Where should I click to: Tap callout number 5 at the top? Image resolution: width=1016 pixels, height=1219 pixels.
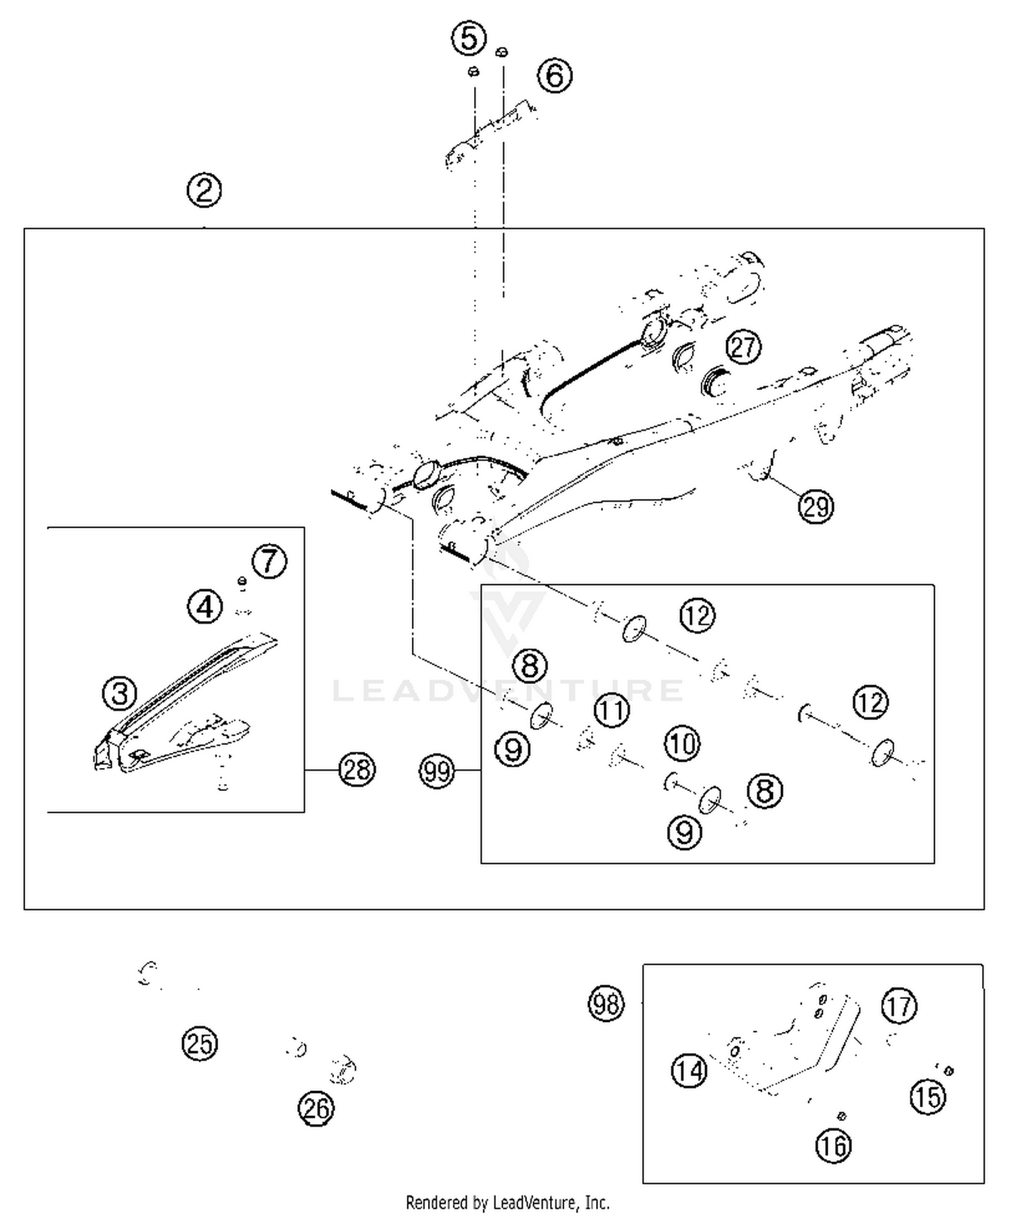469,38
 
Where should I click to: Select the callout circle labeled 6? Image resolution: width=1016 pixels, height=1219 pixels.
555,75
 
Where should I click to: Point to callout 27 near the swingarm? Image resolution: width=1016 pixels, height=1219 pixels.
744,347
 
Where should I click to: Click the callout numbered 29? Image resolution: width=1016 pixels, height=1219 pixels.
816,506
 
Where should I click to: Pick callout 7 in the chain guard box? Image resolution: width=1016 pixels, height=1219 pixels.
270,561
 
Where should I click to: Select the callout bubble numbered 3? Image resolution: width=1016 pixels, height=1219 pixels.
120,693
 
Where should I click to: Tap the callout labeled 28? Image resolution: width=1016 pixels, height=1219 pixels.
357,769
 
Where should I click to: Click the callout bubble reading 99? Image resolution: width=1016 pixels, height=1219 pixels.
437,771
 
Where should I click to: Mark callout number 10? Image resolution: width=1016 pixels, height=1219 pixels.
682,744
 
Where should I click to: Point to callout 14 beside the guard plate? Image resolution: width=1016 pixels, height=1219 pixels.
689,1071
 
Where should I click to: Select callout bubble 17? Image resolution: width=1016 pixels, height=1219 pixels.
899,1006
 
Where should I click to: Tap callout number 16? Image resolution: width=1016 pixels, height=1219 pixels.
833,1145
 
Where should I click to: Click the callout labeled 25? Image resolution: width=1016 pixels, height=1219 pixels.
200,1043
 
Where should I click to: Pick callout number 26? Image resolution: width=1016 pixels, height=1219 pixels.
316,1109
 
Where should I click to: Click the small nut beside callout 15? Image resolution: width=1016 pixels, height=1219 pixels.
949,1071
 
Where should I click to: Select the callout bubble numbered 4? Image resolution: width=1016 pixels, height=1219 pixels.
205,606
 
